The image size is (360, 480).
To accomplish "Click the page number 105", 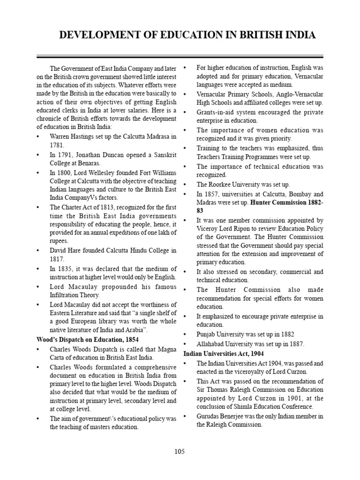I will pyautogui.click(x=180, y=451).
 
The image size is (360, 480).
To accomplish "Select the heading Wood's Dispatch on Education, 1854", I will pyautogui.click(x=87, y=339).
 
